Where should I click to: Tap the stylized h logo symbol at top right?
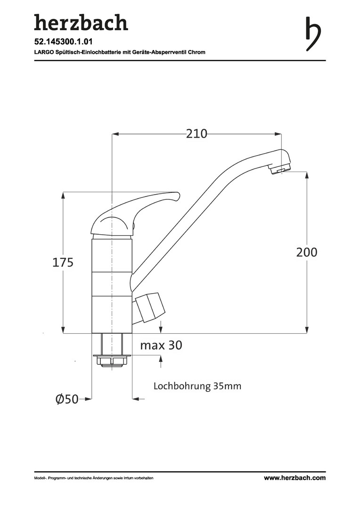[313, 34]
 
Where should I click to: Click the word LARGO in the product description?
[42, 52]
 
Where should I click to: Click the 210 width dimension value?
[196, 134]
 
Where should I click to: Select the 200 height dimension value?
[307, 252]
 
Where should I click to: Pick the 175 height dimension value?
[63, 263]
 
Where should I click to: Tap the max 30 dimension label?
[161, 345]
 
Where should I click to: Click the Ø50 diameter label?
[67, 399]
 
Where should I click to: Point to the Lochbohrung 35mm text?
[197, 386]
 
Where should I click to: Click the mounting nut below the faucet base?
[112, 361]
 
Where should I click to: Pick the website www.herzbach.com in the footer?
[295, 478]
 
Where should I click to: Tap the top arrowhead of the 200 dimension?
[307, 176]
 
